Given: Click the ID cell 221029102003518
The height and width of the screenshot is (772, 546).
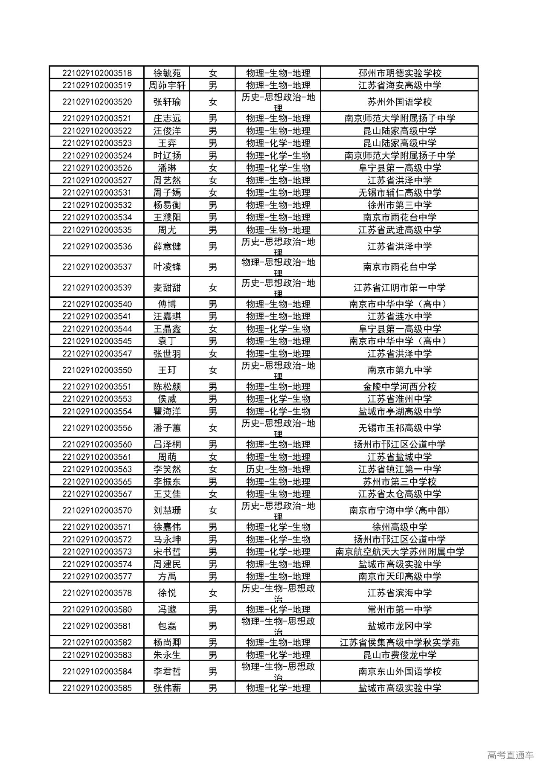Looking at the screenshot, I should click(x=97, y=73).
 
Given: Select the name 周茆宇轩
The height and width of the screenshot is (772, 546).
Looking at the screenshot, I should click(x=167, y=85).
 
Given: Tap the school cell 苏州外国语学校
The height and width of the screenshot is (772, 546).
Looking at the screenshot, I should click(x=399, y=102).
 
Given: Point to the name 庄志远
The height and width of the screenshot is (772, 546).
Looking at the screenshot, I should click(x=167, y=119).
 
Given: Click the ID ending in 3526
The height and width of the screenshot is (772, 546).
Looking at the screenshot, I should click(x=97, y=168).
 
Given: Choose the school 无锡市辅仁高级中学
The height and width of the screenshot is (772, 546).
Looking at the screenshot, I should click(x=399, y=193).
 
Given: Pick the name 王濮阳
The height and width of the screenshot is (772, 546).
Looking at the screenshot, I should click(x=167, y=218).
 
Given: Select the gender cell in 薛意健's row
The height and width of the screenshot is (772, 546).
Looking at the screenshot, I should click(x=212, y=247).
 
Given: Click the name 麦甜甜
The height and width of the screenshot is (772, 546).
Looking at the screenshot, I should click(x=167, y=288).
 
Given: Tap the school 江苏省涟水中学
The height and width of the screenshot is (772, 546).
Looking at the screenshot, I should click(x=399, y=316).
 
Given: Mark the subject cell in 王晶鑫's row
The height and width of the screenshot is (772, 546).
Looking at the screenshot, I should click(x=278, y=329).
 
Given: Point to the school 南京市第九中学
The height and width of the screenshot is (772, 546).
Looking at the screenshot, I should click(x=399, y=370).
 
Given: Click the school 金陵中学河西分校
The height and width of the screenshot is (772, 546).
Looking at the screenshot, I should click(x=399, y=387).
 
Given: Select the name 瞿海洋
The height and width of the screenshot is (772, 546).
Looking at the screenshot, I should click(x=167, y=412).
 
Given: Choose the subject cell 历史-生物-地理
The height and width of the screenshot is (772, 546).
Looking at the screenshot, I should click(x=278, y=469).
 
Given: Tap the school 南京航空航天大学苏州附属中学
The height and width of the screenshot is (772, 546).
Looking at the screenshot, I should click(x=399, y=552).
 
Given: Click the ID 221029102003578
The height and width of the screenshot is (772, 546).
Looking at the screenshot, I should click(x=97, y=593).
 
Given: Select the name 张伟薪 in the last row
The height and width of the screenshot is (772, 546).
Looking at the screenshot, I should click(x=167, y=688).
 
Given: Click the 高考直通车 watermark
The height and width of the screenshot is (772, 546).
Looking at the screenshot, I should click(x=510, y=755).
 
